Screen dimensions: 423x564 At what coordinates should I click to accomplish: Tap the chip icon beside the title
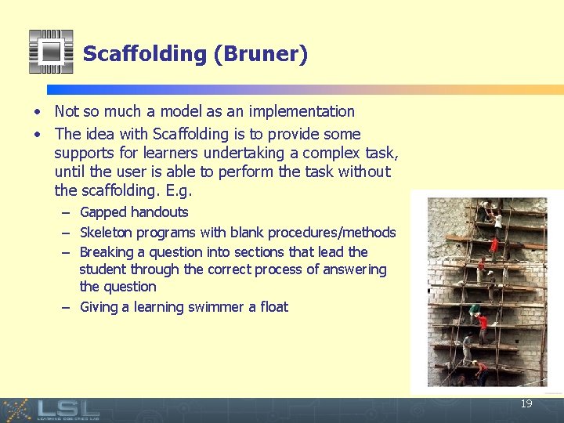pos(51,52)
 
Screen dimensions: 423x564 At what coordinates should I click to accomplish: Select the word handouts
pos(159,212)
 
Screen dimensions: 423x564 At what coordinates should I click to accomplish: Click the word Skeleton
pos(107,233)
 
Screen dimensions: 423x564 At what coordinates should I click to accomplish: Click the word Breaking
pos(108,252)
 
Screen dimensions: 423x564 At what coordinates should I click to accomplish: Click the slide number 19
pos(526,404)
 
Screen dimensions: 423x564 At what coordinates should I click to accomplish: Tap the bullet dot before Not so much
pos(38,113)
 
